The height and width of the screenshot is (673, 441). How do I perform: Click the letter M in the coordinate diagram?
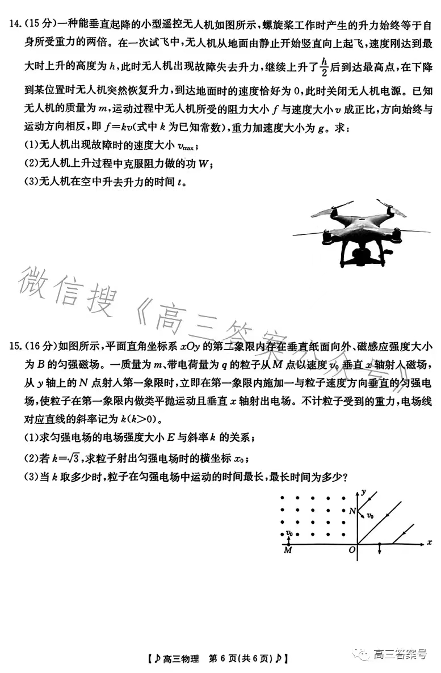pos(287,551)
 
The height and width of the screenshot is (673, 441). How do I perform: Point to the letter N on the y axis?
pos(352,511)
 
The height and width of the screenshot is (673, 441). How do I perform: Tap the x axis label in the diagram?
pos(429,543)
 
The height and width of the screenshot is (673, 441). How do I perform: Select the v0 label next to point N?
pos(369,516)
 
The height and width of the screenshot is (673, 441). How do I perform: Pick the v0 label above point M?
pos(289,533)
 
